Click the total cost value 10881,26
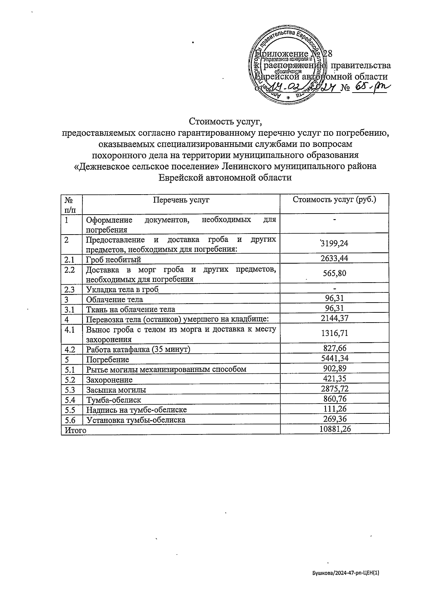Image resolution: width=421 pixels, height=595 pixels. (335, 429)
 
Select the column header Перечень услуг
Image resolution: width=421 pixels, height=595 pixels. (181, 200)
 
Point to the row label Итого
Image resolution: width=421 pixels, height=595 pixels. (74, 430)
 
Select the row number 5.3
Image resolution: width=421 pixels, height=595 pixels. (70, 389)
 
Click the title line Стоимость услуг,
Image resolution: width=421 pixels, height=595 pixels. (226, 122)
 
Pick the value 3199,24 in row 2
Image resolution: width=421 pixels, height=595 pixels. (334, 243)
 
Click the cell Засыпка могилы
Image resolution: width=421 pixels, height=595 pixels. (116, 390)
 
